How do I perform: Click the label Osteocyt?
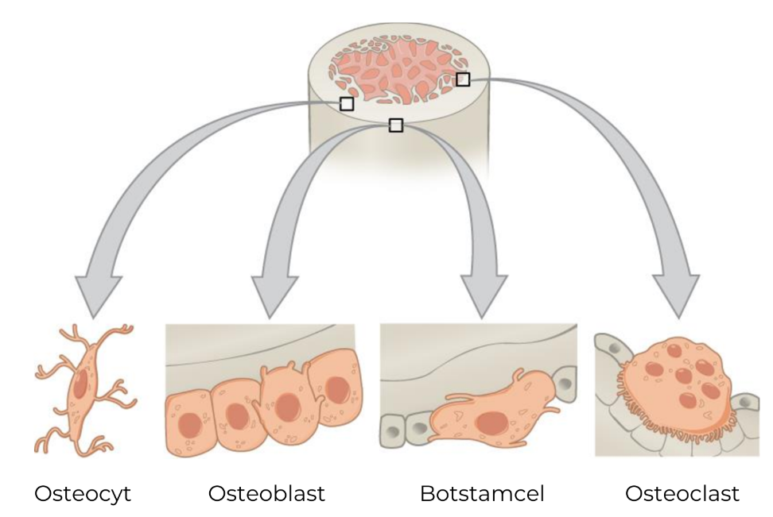(x=82, y=494)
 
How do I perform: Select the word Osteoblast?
(x=266, y=494)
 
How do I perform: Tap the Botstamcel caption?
(x=482, y=494)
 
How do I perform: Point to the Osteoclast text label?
(x=682, y=494)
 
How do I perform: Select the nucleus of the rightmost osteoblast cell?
(x=337, y=389)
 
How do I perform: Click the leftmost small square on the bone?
(x=347, y=103)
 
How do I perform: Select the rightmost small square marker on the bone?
(x=463, y=79)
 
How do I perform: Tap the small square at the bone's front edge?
(x=396, y=125)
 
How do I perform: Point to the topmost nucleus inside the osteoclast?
(x=674, y=351)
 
